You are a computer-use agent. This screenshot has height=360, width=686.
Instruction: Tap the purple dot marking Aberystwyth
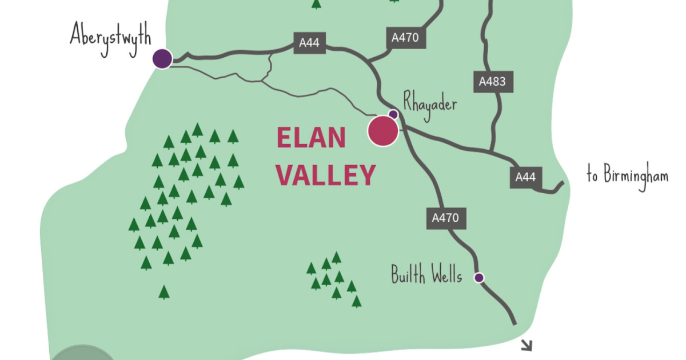pyautogui.click(x=163, y=58)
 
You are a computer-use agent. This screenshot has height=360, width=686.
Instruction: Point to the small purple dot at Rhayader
pyautogui.click(x=393, y=114)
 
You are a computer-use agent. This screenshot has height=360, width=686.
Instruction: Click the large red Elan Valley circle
pyautogui.click(x=382, y=131)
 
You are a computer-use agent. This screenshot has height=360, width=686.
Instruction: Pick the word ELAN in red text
pyautogui.click(x=311, y=138)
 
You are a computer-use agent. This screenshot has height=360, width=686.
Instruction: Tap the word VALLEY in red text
pyautogui.click(x=326, y=175)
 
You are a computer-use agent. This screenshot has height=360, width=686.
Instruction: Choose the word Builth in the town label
pyautogui.click(x=409, y=275)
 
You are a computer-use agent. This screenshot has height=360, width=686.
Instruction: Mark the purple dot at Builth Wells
pyautogui.click(x=479, y=278)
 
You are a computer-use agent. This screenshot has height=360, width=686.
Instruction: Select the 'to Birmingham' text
pyautogui.click(x=627, y=175)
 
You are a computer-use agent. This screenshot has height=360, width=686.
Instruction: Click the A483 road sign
pyautogui.click(x=492, y=82)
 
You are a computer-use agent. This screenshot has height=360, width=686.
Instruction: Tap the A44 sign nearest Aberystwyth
pyautogui.click(x=309, y=43)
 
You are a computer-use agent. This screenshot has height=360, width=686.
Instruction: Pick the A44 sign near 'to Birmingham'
pyautogui.click(x=525, y=177)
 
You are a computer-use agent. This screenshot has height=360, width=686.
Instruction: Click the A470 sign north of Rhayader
pyautogui.click(x=405, y=38)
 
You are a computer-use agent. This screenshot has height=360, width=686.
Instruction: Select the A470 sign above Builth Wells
pyautogui.click(x=445, y=218)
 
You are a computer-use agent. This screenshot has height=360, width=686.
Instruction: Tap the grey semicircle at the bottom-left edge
pyautogui.click(x=83, y=353)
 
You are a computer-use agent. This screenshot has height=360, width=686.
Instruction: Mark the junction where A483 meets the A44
pyautogui.click(x=491, y=151)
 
